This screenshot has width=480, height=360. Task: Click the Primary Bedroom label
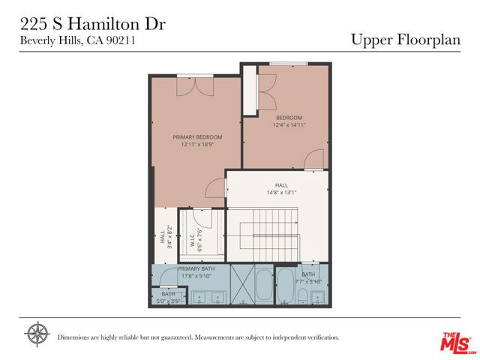[197, 137]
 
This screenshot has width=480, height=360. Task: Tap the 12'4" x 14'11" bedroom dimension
[289, 125]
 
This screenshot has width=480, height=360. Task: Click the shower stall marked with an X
[241, 285]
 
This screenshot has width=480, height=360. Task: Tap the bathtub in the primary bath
[263, 286]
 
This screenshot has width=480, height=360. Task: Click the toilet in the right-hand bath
[301, 298]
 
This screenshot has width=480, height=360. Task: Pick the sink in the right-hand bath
[317, 298]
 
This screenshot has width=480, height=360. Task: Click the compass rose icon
[37, 334]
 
